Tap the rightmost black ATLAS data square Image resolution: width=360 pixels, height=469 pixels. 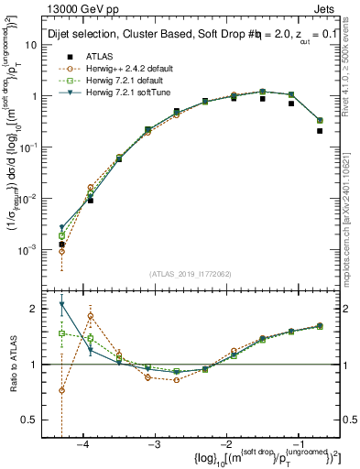click(x=320, y=131)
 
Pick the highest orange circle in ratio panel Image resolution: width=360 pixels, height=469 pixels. click(x=91, y=316)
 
